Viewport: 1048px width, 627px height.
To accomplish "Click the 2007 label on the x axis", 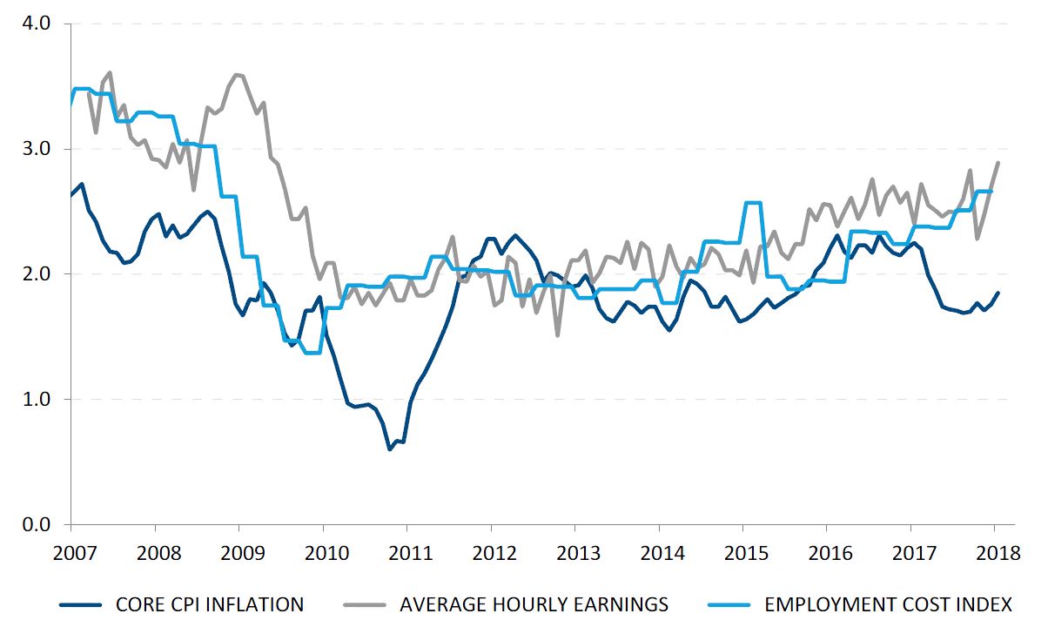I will coord(71,554).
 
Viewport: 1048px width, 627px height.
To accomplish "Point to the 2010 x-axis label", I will coord(323,554).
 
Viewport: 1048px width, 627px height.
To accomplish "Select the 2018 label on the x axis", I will coord(995,554).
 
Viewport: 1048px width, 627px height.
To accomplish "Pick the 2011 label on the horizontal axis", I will coord(406,554).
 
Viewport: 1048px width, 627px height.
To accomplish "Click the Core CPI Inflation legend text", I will coord(210,604).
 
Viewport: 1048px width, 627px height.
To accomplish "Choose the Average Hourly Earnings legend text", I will coord(534,604).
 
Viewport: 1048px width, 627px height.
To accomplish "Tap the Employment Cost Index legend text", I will coord(888,604).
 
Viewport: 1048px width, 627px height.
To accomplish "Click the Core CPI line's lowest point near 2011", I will coord(389,449).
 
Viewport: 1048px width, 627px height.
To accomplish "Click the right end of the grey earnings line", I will coord(998,163).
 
